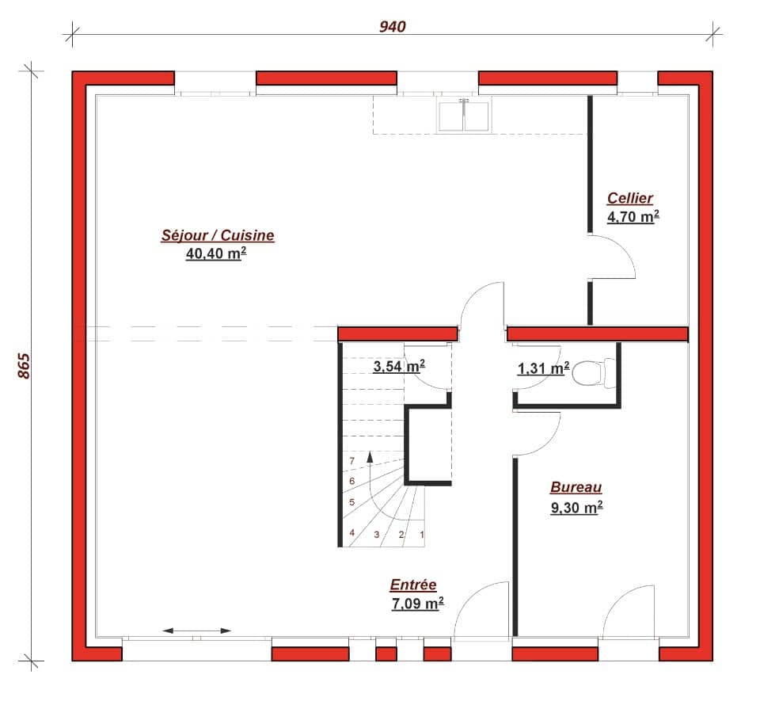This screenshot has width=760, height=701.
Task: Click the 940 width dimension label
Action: point(392,27)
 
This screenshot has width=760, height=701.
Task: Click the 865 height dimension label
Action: point(24,365)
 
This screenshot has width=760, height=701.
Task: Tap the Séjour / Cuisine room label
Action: point(218,235)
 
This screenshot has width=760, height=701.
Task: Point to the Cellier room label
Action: point(630,198)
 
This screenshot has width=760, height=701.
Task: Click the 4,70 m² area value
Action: point(633,216)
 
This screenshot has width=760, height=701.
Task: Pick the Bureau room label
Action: point(576,488)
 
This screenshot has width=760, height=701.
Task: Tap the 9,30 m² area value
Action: point(576,508)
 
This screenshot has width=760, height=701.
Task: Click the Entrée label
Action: point(413,585)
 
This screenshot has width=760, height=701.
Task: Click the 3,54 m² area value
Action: point(399,366)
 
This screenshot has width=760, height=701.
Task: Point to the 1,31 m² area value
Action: point(543,368)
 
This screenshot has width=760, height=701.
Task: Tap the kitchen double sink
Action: point(465,115)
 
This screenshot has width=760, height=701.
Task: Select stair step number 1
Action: point(422,535)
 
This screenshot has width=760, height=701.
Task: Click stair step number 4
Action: point(351,533)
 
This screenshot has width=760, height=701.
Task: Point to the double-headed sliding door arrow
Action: point(197,631)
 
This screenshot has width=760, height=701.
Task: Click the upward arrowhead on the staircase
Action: point(370,457)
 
